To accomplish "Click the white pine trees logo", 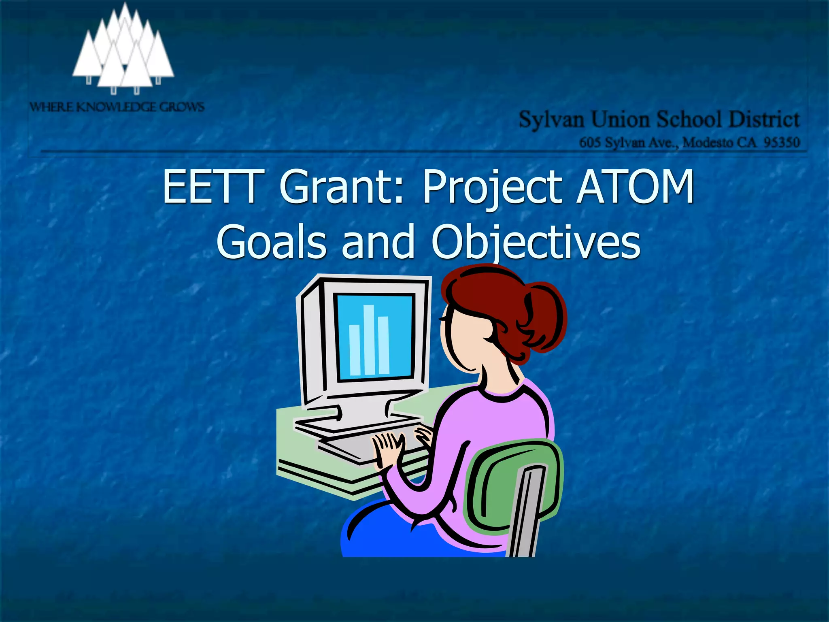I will click(123, 51).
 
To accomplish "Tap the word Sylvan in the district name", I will click(551, 120).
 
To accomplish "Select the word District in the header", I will click(764, 120).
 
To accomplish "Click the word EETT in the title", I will click(210, 187).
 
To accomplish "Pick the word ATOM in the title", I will click(636, 187).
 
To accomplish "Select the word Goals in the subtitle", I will click(271, 242).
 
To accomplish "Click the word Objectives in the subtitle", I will click(536, 242).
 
